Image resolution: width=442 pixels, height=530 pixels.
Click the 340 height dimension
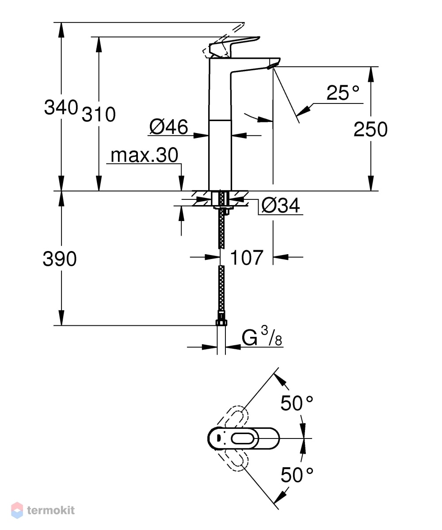pyautogui.click(x=61, y=107)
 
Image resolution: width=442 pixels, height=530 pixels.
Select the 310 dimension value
pyautogui.click(x=99, y=114)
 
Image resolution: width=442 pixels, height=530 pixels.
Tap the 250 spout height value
pyautogui.click(x=370, y=130)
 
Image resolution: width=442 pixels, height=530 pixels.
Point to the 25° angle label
pyautogui.click(x=343, y=93)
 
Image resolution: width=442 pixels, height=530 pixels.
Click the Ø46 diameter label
pyautogui.click(x=168, y=127)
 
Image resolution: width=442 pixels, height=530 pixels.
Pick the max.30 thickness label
pyautogui.click(x=144, y=156)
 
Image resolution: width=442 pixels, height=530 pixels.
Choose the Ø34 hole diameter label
pyautogui.click(x=281, y=206)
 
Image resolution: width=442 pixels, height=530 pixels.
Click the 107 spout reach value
pyautogui.click(x=246, y=258)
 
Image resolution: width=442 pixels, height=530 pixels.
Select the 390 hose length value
pyautogui.click(x=60, y=259)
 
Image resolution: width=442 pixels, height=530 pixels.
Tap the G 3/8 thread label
pyautogui.click(x=262, y=337)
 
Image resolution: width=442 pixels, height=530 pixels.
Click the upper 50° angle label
pyautogui.click(x=297, y=403)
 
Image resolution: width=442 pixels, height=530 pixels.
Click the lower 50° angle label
pyautogui.click(x=297, y=475)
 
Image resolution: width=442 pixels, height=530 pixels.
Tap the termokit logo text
pyautogui.click(x=51, y=510)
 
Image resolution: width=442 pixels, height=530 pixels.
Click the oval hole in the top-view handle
pyautogui.click(x=245, y=438)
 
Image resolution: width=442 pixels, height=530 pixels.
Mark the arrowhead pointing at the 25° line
pyautogui.click(x=304, y=110)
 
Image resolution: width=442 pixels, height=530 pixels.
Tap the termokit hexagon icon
pyautogui.click(x=17, y=510)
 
